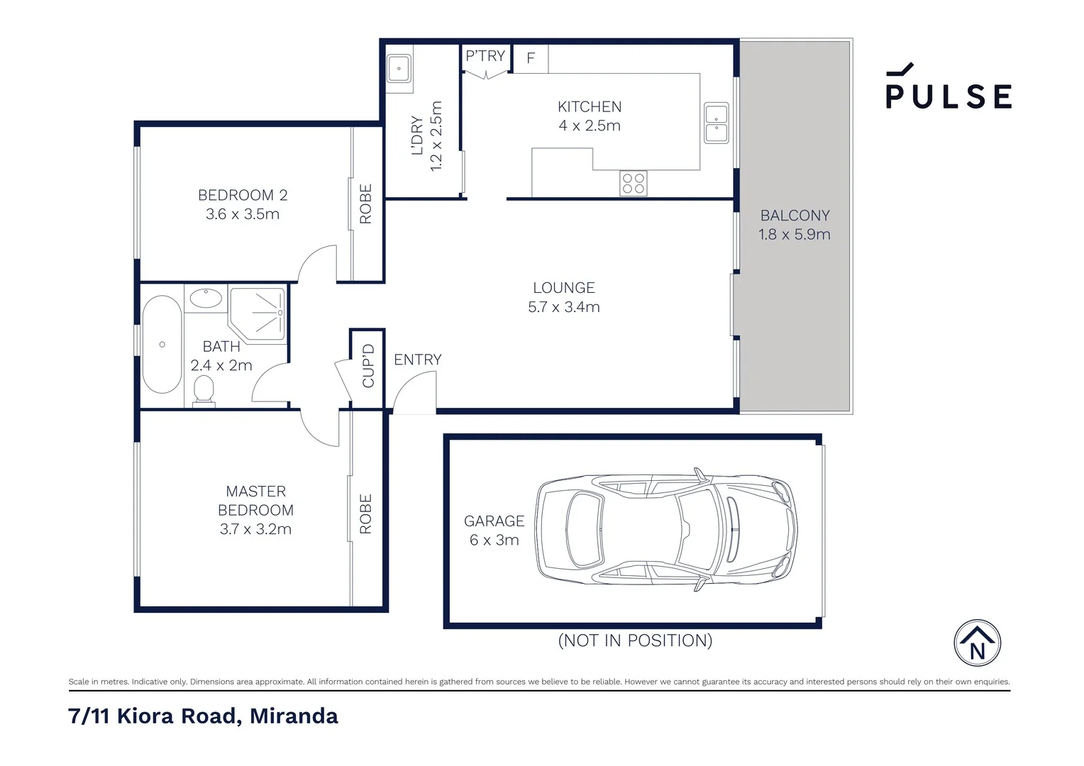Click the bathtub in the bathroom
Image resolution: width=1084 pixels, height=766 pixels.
(162, 344)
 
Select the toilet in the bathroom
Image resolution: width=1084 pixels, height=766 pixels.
(204, 391)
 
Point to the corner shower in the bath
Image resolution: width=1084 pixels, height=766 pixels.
(258, 313)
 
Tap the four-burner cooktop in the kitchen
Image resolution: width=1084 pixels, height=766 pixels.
(633, 183)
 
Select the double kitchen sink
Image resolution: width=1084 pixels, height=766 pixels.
(716, 123)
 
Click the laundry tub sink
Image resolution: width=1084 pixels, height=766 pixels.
(399, 70)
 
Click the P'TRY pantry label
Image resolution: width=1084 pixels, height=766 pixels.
(485, 55)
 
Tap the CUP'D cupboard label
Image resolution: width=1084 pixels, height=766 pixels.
(367, 366)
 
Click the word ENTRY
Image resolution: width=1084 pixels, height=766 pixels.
(417, 360)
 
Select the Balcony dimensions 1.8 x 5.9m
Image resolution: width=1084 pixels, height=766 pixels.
(794, 235)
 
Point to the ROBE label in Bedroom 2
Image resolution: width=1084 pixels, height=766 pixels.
(366, 204)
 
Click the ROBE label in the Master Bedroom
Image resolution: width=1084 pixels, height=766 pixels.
(366, 514)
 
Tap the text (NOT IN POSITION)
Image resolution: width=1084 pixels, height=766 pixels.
(635, 640)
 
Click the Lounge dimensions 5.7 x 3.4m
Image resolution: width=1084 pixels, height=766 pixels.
(564, 307)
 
